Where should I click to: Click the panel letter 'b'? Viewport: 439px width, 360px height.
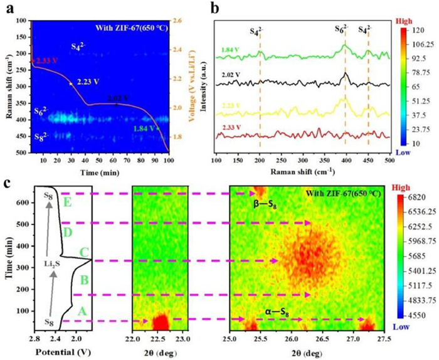pos(215,8)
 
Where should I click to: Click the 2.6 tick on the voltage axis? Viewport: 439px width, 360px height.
pos(179,21)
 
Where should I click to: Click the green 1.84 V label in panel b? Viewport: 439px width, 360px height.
pos(230,50)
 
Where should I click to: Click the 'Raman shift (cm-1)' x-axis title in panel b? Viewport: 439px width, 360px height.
pos(302,170)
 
